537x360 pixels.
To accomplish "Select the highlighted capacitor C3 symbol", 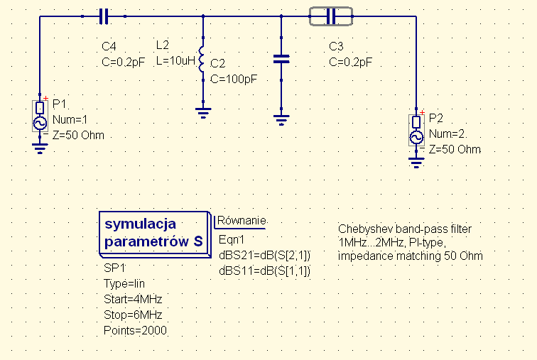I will click(330, 16).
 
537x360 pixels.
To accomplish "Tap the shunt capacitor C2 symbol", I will click(282, 60).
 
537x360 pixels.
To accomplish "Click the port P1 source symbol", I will click(40, 116).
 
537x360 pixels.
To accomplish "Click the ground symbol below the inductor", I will click(203, 110).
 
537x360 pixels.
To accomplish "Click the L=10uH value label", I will click(175, 61).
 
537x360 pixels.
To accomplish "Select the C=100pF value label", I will click(234, 78).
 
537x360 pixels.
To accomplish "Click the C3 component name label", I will click(336, 47).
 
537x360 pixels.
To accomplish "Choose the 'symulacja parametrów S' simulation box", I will click(153, 233).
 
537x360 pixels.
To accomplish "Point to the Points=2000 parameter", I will click(135, 330).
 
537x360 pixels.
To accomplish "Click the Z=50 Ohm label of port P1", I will click(78, 135).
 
